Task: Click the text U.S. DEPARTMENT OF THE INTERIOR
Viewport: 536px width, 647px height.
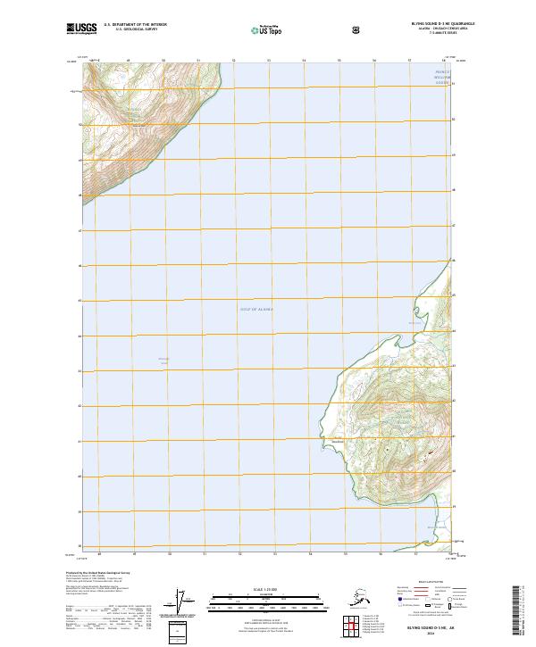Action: tap(136, 24)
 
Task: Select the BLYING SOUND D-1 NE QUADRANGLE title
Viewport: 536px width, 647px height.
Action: tap(443, 24)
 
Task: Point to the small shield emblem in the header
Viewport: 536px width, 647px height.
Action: tap(357, 29)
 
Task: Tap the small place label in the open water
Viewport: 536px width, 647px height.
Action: tap(163, 360)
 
